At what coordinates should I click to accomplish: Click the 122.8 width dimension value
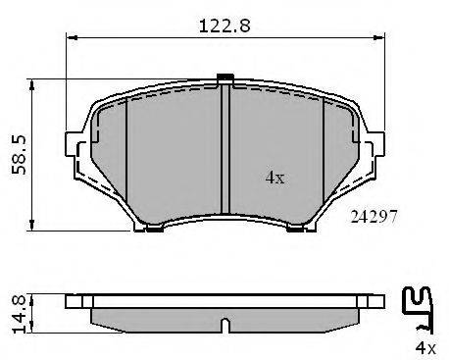(224, 26)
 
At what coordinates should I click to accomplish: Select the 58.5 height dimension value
(19, 155)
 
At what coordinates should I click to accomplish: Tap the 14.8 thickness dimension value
(19, 314)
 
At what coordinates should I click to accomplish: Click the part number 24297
(374, 217)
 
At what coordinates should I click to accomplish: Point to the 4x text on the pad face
(274, 178)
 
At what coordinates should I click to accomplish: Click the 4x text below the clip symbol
(425, 348)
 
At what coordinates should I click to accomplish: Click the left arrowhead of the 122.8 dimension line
(72, 38)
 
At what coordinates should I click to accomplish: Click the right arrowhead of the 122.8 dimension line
(379, 38)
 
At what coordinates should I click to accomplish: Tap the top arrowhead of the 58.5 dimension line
(31, 84)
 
